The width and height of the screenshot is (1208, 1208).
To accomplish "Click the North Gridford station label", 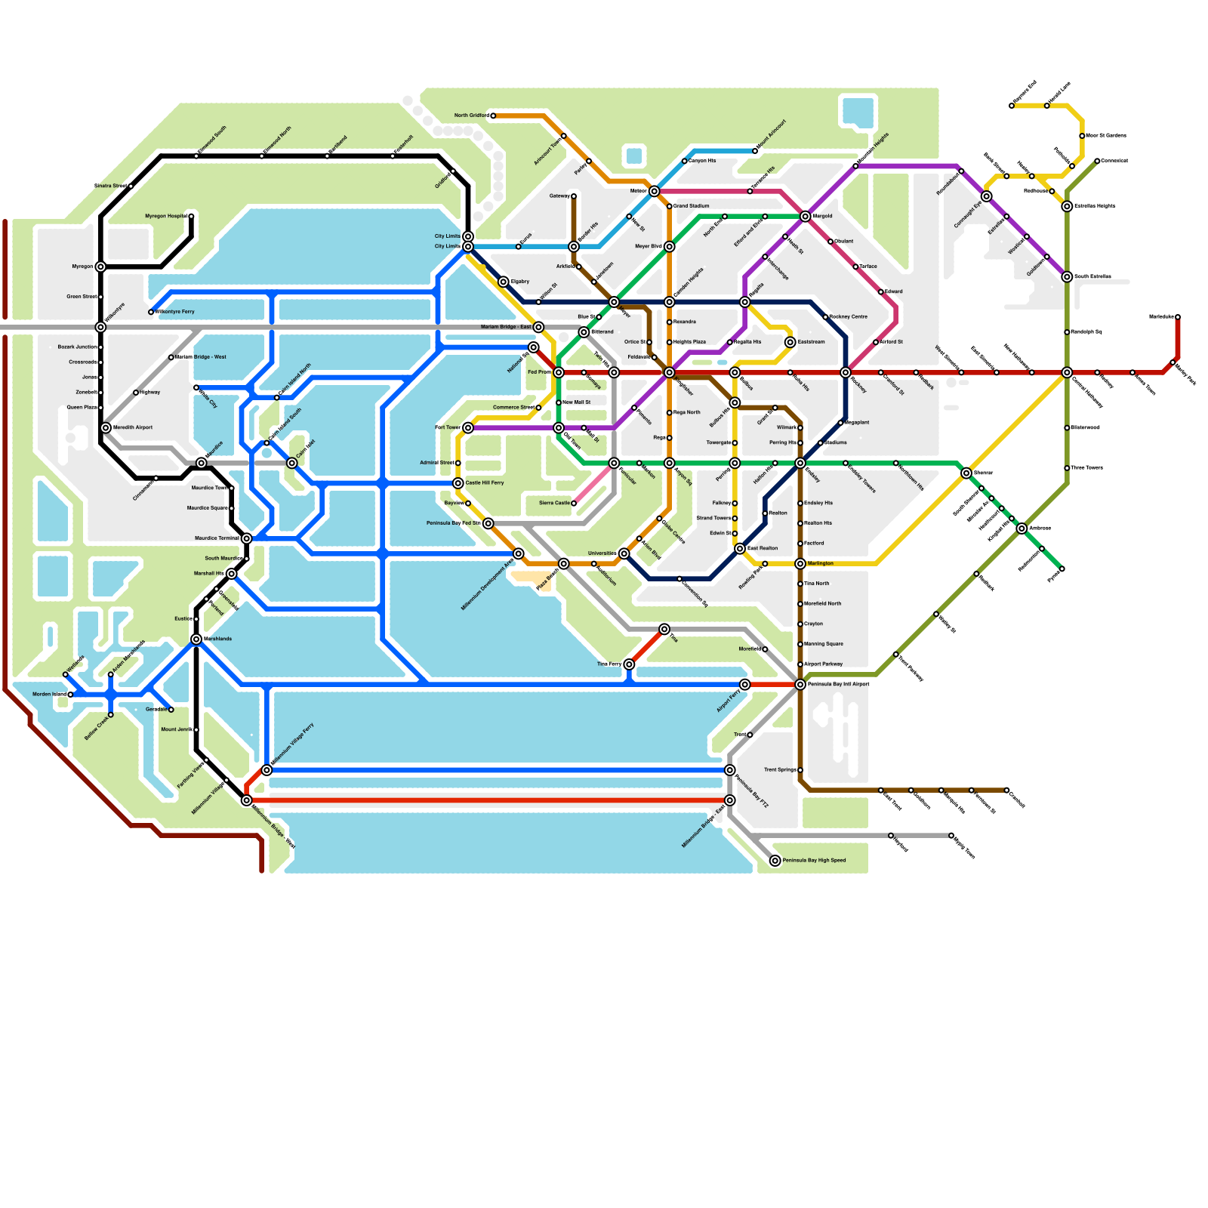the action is (471, 116).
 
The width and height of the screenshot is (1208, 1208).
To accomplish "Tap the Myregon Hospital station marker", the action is (191, 217).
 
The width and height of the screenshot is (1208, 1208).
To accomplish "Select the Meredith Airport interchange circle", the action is (106, 427).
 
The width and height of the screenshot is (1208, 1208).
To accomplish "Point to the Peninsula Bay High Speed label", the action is (814, 861).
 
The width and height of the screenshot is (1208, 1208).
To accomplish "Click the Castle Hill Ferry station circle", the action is (458, 483).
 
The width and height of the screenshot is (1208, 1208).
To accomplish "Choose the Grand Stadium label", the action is (692, 206).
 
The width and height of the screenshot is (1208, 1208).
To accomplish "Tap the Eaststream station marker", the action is (790, 342).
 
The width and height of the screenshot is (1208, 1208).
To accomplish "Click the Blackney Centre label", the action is (849, 317).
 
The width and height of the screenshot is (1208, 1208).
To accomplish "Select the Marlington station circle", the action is (800, 564).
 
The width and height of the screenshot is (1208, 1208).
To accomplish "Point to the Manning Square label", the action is (824, 644).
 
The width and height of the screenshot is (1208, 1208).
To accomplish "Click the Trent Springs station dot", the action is (800, 770).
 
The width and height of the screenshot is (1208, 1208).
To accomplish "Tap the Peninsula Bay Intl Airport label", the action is (839, 685).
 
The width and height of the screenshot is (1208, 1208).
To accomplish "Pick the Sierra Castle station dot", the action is (574, 503).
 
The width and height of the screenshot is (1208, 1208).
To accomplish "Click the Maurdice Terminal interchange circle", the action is (246, 538).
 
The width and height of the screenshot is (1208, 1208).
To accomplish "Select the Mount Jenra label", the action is (176, 729).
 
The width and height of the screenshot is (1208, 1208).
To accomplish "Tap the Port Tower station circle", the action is (468, 427).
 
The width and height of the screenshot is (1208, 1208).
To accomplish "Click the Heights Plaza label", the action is (689, 342).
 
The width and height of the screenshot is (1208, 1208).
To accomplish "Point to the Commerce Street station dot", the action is (538, 408).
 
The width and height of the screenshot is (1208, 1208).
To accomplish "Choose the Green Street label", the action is (82, 297).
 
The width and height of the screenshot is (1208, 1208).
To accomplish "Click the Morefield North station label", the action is (823, 604).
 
